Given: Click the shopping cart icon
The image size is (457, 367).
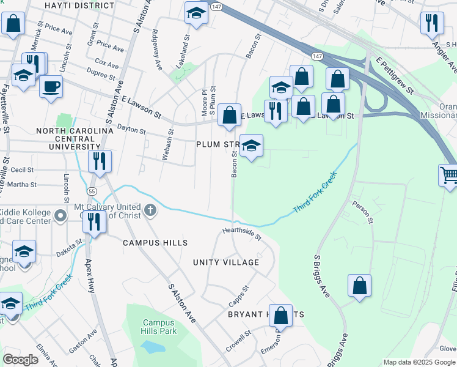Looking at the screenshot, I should tap(448, 176).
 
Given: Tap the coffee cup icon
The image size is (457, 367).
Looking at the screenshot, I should tap(51, 86).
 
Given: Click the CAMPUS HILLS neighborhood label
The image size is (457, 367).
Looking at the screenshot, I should tap(155, 243).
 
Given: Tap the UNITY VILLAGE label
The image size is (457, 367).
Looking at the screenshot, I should tap(226, 262).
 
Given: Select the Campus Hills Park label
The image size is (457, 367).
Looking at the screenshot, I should tap(159, 327).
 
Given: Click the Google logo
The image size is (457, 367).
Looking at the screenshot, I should tap(21, 359).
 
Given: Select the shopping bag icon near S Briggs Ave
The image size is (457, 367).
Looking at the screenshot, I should tap(360, 286).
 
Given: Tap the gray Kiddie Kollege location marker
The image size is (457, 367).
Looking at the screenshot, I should tap(60, 215).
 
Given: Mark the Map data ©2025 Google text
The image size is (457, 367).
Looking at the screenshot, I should tap(419, 362).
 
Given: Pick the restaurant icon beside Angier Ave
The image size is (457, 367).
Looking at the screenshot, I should tap(432, 23).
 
